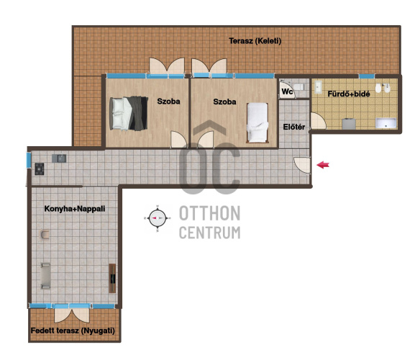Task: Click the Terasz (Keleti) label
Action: [x=255, y=41]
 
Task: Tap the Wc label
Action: [x=287, y=91]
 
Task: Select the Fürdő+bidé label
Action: [x=349, y=94]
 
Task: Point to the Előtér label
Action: [x=294, y=127]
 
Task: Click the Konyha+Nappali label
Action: [x=75, y=209]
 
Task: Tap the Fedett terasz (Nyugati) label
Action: [x=73, y=330]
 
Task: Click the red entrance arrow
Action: [x=323, y=165]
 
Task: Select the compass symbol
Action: [x=157, y=218]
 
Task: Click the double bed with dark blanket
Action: [x=129, y=114]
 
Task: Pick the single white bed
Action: [x=257, y=122]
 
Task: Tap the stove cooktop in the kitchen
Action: [x=40, y=169]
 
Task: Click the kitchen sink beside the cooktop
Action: [x=59, y=158]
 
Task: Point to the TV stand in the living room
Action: [x=112, y=278]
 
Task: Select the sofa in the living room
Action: [x=45, y=276]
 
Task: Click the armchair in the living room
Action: [x=45, y=235]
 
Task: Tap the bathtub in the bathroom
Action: [x=385, y=123]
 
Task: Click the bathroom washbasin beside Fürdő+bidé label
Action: [x=318, y=87]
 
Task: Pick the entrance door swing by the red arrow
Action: [x=302, y=165]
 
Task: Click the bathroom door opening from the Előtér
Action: [x=318, y=121]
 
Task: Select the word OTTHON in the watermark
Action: [x=209, y=214]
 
